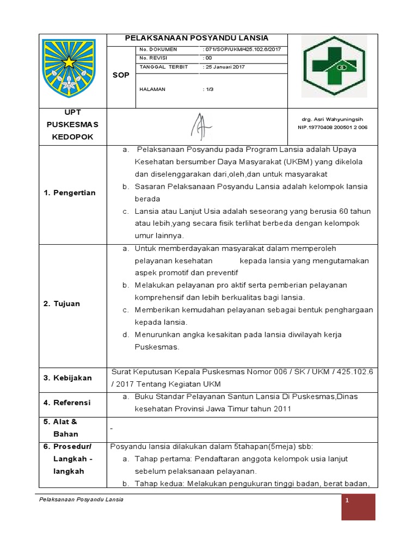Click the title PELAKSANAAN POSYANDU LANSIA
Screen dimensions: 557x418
[x=196, y=38]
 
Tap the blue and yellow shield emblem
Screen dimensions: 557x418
[x=69, y=67]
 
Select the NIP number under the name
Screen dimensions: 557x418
[x=333, y=127]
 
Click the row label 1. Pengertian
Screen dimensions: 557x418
[x=69, y=193]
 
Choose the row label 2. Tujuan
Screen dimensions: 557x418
[x=62, y=304]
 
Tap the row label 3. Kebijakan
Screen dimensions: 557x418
[x=68, y=377]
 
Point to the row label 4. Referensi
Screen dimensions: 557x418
[x=68, y=403]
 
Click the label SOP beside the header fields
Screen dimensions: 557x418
[x=121, y=75]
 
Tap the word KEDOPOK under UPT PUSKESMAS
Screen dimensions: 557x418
[x=72, y=137]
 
